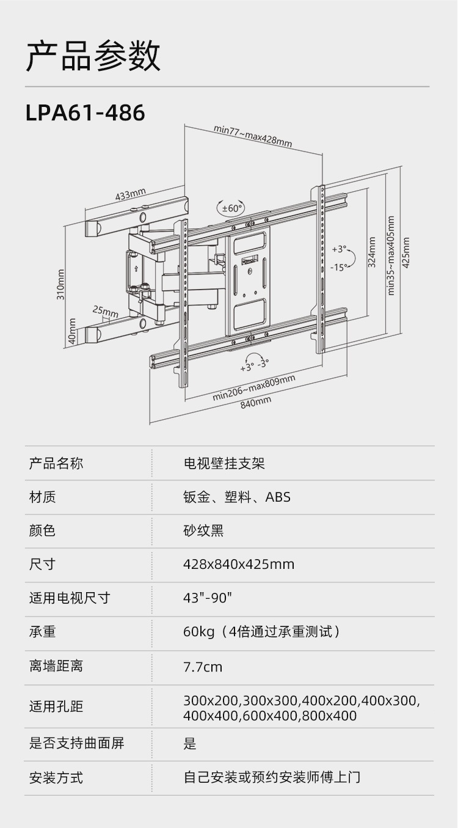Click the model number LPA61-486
tap(85, 112)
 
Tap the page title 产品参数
tap(93, 56)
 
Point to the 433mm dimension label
tap(131, 194)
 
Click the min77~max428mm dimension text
tap(253, 136)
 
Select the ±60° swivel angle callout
tap(231, 208)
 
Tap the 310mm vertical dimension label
tap(61, 284)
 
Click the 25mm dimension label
tap(105, 312)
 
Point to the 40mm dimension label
tap(73, 331)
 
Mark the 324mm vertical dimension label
tap(371, 252)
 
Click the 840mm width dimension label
tap(256, 403)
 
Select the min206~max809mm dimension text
tap(254, 388)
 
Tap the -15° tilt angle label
tap(339, 267)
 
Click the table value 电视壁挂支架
tap(224, 463)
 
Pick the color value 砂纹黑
tap(203, 531)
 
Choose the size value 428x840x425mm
tap(239, 565)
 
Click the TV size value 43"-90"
tap(208, 598)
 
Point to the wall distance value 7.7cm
tap(203, 667)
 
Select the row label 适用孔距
tap(56, 706)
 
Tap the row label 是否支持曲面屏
tap(77, 743)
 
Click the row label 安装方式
tap(56, 778)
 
